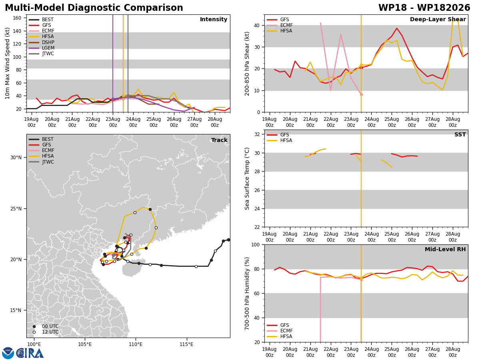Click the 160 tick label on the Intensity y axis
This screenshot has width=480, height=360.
click(17, 18)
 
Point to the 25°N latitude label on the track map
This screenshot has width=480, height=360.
click(16, 209)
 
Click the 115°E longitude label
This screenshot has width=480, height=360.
click(186, 344)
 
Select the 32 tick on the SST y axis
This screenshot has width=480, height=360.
click(257, 134)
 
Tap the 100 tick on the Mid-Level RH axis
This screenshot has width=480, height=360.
click(256, 245)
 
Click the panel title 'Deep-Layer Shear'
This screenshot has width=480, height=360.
click(438, 19)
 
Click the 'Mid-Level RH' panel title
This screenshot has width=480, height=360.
click(445, 249)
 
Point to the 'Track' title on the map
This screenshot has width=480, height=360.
click(219, 140)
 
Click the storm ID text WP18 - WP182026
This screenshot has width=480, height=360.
click(424, 8)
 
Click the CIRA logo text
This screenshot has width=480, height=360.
click(30, 353)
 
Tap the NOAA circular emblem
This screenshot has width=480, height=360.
click(8, 353)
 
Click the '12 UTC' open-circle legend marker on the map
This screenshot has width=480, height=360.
click(34, 332)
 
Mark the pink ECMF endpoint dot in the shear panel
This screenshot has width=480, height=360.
click(361, 95)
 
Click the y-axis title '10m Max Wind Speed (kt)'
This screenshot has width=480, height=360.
click(8, 63)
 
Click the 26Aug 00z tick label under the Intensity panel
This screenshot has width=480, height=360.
click(174, 122)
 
